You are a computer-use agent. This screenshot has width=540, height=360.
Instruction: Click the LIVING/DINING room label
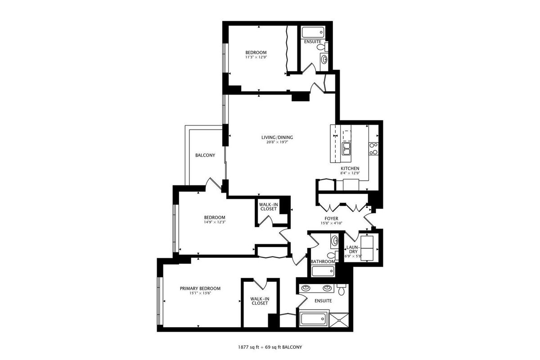pos(277,137)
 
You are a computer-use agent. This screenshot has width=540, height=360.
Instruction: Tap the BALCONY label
pos(205,155)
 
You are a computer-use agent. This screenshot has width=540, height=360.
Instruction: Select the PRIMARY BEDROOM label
pos(200,288)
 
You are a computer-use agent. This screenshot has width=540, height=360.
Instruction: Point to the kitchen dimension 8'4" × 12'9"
pos(350,173)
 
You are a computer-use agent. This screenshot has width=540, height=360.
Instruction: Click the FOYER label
pos(332,218)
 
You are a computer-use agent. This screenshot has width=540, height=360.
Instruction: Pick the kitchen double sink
pos(346,148)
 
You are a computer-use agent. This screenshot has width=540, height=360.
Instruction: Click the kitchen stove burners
pos(373,149)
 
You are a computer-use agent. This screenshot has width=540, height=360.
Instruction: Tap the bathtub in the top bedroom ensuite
pos(313,32)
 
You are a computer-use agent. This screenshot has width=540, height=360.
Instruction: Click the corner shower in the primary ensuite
pos(339,320)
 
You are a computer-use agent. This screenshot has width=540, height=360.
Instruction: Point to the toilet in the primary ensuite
pos(342,289)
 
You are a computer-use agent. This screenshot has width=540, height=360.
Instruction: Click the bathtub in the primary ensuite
pos(313,319)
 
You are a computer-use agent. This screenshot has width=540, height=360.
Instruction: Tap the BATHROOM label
pos(323,261)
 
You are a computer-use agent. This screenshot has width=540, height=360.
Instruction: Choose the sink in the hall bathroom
pos(335,241)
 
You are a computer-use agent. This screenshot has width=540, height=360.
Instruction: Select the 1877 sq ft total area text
pos(248,347)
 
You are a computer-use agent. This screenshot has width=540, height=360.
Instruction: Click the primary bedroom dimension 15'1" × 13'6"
pos(200,293)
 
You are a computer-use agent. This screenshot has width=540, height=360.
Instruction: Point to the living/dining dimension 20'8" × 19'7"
pos(277,142)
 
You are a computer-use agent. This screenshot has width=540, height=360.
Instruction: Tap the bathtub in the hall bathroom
pos(323,271)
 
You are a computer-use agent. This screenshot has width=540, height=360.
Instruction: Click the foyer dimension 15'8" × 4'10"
pos(332,223)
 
